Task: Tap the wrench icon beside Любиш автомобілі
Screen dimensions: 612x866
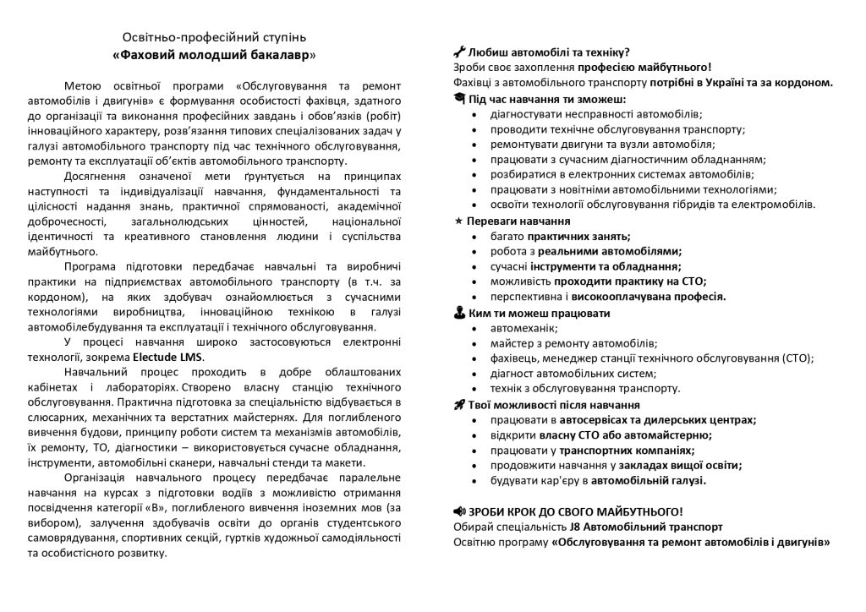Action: (460, 51)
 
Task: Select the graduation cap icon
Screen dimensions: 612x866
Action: (459, 99)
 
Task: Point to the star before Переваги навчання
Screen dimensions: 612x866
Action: (459, 221)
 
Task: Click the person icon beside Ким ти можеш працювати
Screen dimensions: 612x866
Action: (459, 313)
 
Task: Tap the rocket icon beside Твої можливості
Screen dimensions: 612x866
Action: (459, 405)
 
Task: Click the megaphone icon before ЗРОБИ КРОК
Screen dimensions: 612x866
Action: (460, 511)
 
